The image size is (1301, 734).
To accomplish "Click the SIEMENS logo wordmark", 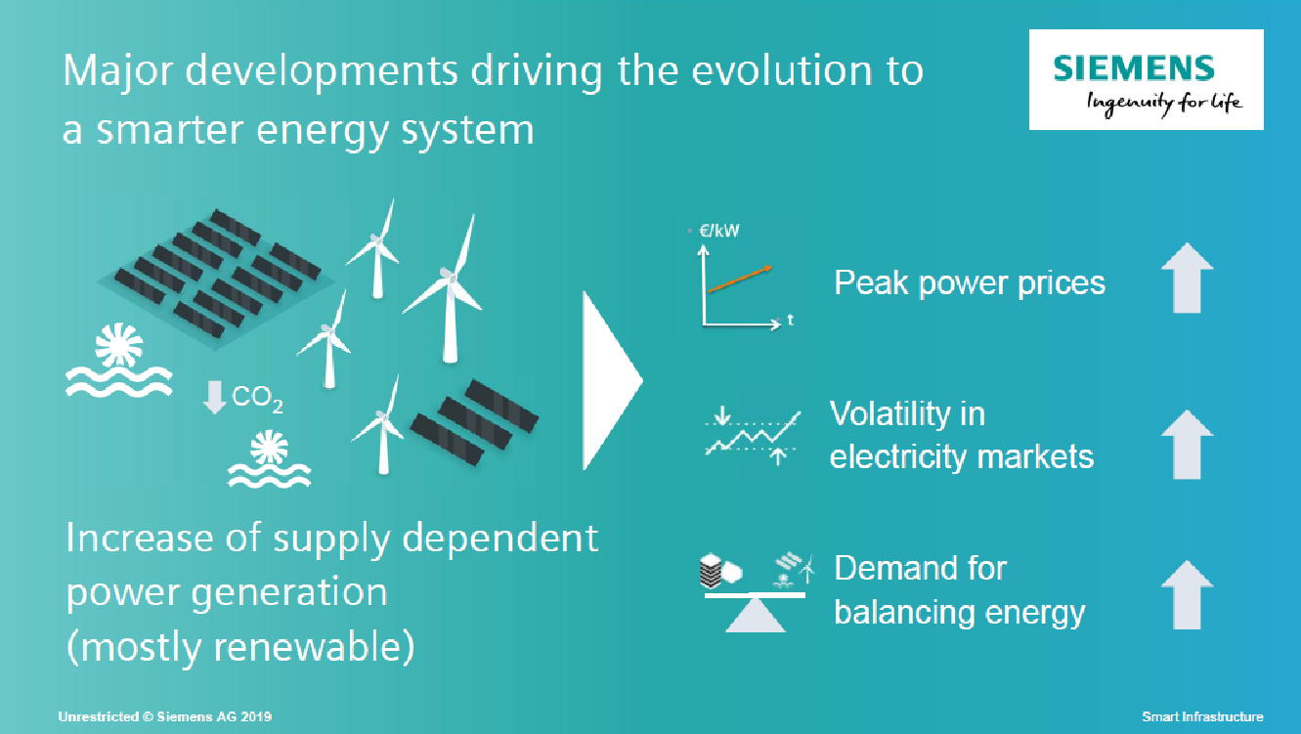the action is click(x=1133, y=68).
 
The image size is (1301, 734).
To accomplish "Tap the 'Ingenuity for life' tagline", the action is click(x=1164, y=104).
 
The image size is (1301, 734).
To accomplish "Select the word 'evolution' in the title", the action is click(x=782, y=70).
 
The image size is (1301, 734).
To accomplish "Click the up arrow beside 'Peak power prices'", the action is click(x=1188, y=279).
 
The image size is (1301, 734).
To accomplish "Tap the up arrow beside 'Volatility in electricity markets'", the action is click(x=1188, y=445).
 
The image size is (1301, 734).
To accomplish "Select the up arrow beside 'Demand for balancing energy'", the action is click(x=1188, y=594).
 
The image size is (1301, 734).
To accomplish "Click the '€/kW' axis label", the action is click(x=719, y=231).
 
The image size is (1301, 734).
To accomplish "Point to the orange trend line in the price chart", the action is click(x=740, y=280).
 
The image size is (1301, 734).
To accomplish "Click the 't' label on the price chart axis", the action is click(x=790, y=320).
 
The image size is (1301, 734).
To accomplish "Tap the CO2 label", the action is click(x=257, y=399).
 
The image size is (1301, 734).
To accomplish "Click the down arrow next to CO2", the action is click(x=215, y=397).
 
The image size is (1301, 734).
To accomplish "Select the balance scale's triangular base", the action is click(x=755, y=616).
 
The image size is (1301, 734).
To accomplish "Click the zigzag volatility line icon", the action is click(x=753, y=433).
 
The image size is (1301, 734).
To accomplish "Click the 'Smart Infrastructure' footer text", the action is click(x=1202, y=716).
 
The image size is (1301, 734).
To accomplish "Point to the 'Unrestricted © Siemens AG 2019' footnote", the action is click(x=165, y=716).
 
